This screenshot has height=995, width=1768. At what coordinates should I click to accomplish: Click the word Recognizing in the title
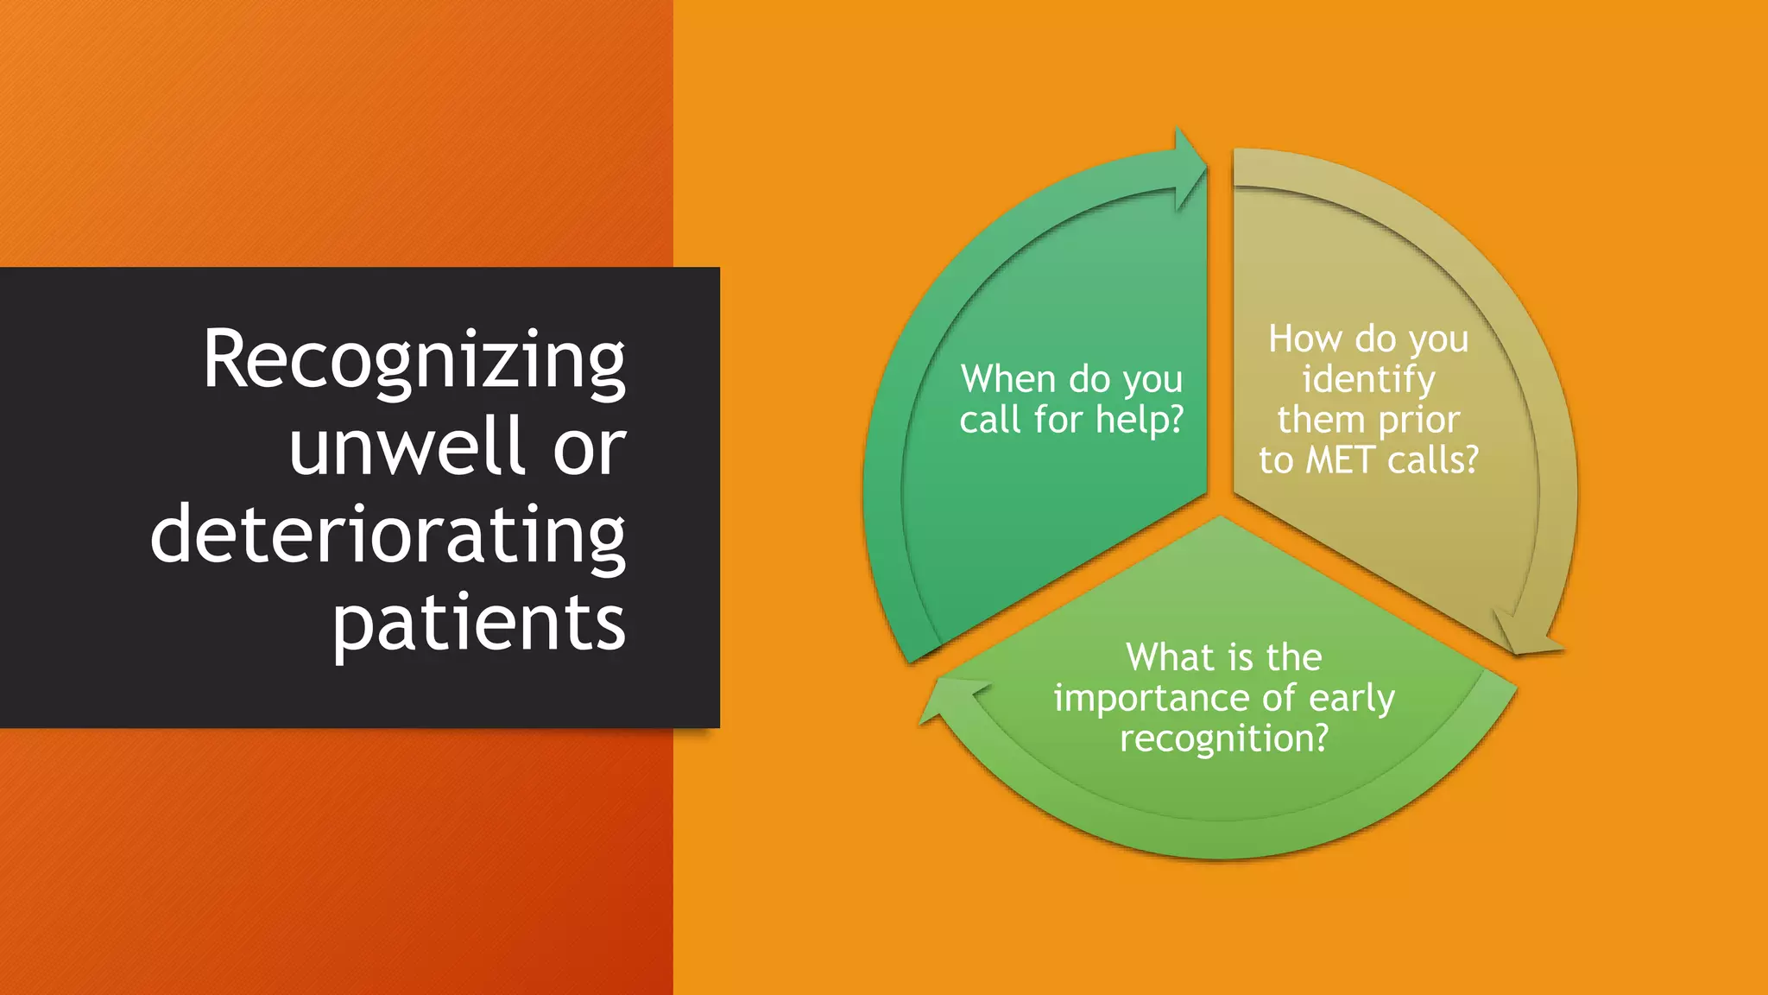pos(414,361)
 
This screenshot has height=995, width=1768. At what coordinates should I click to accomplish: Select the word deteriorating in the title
pos(388,535)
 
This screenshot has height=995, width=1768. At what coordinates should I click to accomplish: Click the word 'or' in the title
pos(589,449)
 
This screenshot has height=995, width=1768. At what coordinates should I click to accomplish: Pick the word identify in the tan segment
pos(1368,380)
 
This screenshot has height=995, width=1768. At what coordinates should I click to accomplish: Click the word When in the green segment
pos(1009,379)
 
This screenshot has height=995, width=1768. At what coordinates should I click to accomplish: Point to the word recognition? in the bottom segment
pos(1223,739)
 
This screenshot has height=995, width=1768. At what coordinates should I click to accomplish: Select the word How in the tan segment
pos(1305,339)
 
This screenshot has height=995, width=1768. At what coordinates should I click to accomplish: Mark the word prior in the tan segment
pos(1419,421)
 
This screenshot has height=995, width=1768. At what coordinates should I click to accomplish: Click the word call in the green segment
pos(989,421)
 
